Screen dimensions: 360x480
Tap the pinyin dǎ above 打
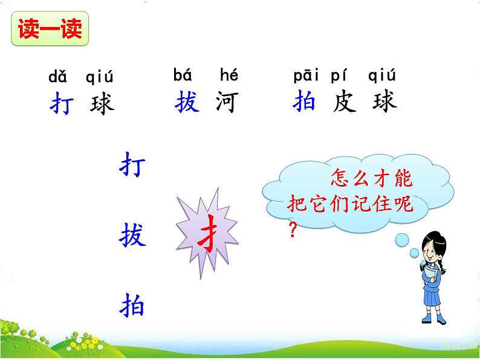pyautogui.click(x=57, y=77)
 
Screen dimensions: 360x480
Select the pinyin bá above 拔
pyautogui.click(x=182, y=76)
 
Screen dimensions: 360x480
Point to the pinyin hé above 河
pyautogui.click(x=229, y=76)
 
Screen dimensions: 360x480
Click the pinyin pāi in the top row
pyautogui.click(x=307, y=76)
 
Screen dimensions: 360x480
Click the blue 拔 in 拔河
pyautogui.click(x=187, y=103)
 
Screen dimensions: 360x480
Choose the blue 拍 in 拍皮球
pyautogui.click(x=303, y=103)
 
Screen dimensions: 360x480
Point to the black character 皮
pyautogui.click(x=344, y=103)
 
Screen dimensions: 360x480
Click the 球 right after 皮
pyautogui.click(x=384, y=103)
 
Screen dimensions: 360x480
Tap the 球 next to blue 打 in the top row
pyautogui.click(x=101, y=104)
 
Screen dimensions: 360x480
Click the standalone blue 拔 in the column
pyautogui.click(x=133, y=235)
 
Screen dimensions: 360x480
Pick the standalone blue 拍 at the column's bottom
pyautogui.click(x=133, y=305)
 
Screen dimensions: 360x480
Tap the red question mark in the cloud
pyautogui.click(x=293, y=231)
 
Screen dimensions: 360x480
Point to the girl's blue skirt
pyautogui.click(x=434, y=299)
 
